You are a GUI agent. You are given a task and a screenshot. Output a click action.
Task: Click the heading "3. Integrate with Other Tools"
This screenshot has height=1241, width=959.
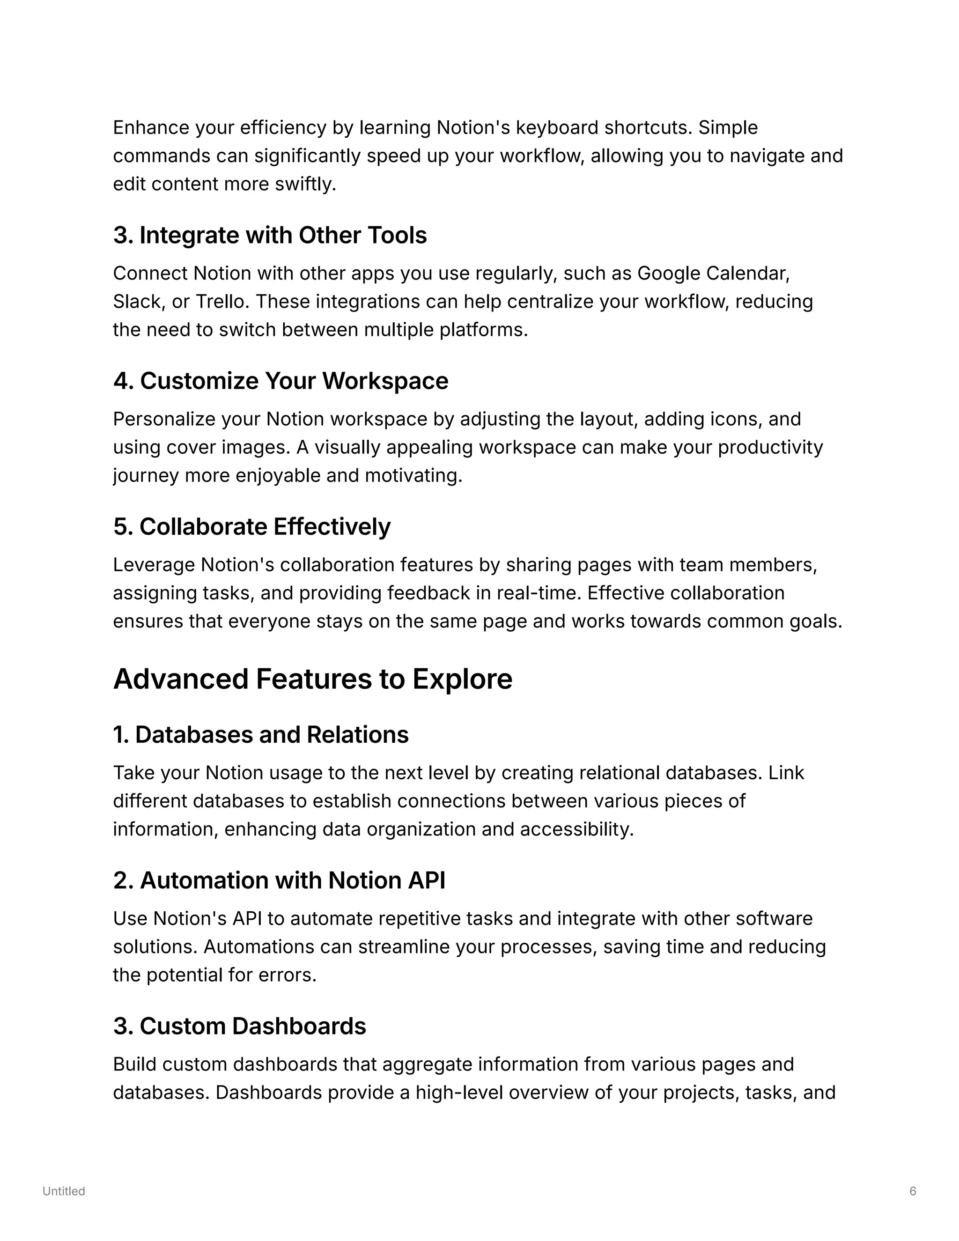click(x=270, y=235)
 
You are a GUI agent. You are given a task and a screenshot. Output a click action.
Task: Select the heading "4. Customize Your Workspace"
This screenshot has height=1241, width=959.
click(x=280, y=381)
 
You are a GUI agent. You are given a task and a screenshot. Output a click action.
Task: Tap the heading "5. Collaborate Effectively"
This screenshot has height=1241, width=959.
click(x=251, y=527)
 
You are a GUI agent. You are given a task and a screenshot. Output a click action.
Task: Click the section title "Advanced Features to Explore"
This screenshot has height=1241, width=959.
click(x=312, y=679)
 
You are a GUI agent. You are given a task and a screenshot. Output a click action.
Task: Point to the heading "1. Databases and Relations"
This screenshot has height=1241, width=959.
click(x=261, y=735)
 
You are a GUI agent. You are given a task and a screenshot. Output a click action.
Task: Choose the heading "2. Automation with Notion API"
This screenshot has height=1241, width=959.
click(x=279, y=880)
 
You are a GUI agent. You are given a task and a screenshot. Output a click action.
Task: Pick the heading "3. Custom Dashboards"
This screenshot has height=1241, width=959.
click(x=239, y=1026)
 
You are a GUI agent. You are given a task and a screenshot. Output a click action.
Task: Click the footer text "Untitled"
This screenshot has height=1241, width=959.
click(x=64, y=1191)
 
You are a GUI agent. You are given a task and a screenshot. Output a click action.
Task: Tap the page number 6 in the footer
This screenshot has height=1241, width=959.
click(x=913, y=1191)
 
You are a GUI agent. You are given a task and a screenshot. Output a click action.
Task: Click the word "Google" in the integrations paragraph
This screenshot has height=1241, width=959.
click(x=669, y=273)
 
